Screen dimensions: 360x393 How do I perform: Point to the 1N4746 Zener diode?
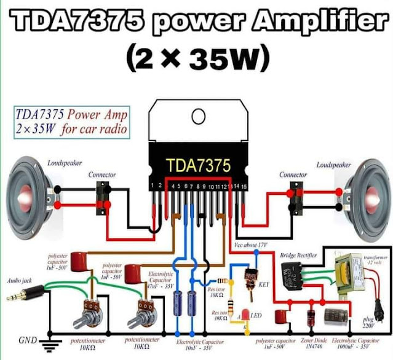pyautogui.click(x=311, y=318)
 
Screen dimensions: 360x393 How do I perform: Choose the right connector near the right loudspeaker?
pyautogui.click(x=295, y=197)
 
